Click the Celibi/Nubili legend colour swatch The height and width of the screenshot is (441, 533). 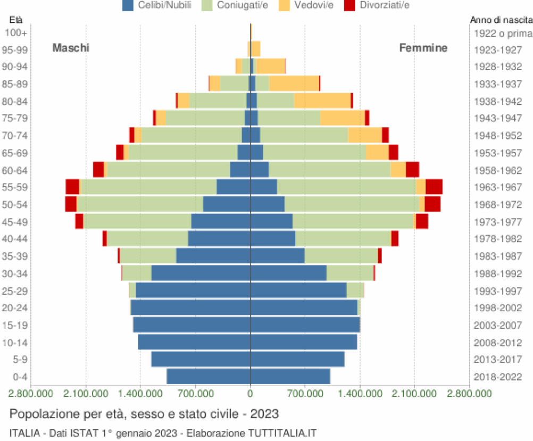128,5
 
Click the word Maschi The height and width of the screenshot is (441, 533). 71,48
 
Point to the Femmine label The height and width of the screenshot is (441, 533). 423,48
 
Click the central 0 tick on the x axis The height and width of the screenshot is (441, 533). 250,394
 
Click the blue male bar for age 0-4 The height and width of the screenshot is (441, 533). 208,377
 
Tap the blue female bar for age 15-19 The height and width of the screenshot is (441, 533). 305,325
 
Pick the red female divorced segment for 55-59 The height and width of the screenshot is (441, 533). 434,187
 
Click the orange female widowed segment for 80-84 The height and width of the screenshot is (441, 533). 322,101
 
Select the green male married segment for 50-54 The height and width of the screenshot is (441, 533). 140,204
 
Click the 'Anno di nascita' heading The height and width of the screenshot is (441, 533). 501,20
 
